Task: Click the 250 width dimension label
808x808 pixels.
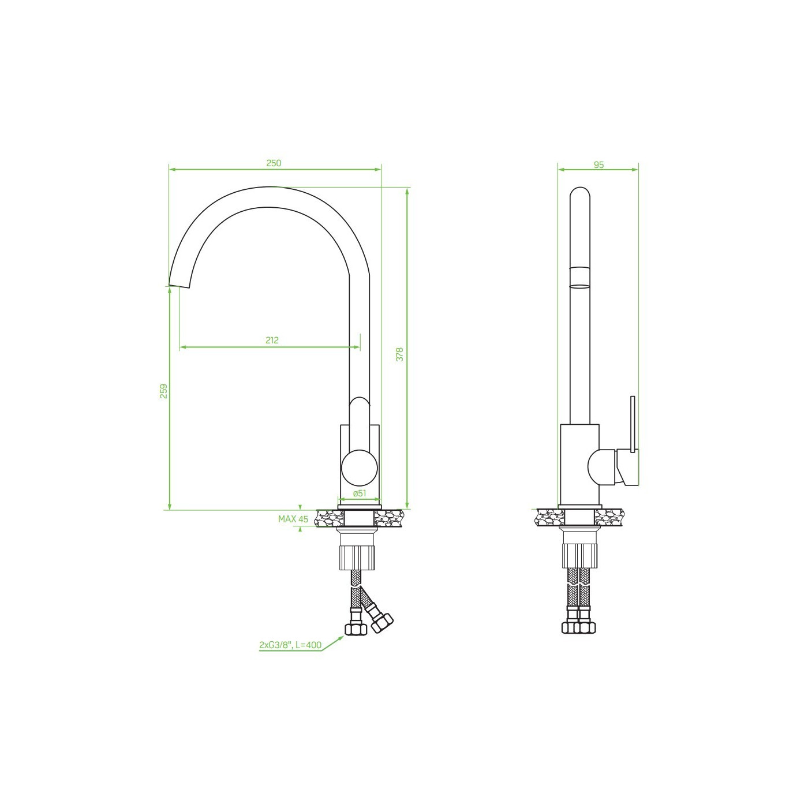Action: point(274,163)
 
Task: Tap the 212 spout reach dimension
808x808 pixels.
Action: point(272,340)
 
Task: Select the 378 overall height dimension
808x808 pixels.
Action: point(399,354)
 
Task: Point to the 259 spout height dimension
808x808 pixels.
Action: point(164,391)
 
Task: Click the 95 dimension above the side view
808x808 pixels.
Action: point(598,165)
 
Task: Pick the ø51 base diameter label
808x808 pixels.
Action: point(360,493)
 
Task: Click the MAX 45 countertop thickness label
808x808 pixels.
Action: point(293,519)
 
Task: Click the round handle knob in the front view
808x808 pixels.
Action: point(360,467)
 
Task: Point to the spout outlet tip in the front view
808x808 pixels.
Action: point(179,285)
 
